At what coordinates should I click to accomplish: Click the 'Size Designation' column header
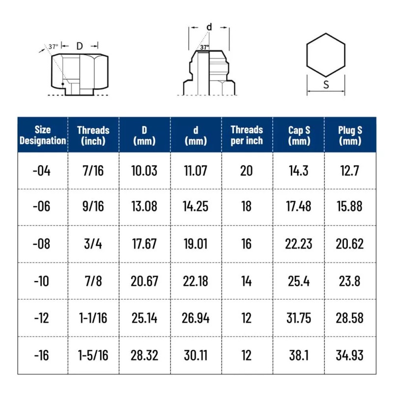[43, 135]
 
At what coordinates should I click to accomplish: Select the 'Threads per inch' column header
[247, 135]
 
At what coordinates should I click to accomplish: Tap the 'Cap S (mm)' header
[299, 135]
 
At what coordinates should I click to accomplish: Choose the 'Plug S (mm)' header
[350, 135]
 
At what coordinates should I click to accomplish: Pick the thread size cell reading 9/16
[93, 207]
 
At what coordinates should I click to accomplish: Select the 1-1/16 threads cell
[93, 318]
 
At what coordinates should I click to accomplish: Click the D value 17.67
[144, 244]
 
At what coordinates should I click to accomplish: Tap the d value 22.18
[196, 281]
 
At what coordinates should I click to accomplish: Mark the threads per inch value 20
[247, 171]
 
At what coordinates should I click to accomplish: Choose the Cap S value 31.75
[299, 318]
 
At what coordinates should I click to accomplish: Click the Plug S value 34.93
[350, 355]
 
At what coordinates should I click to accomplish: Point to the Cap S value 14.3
[299, 171]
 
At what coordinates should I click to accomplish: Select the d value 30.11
[196, 355]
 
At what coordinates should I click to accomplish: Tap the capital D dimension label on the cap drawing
[80, 46]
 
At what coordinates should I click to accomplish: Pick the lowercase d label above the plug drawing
[209, 28]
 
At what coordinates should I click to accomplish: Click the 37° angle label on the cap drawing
[53, 46]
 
